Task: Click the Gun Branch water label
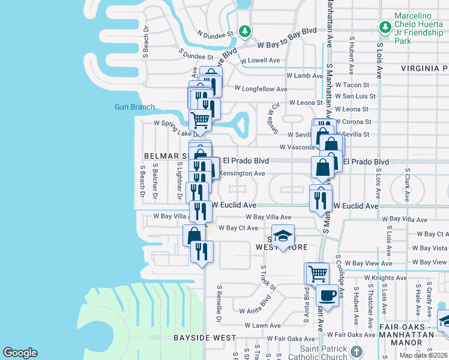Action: (134, 107)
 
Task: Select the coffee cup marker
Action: (328, 295)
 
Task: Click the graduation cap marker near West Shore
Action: (283, 236)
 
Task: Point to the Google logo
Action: (20, 353)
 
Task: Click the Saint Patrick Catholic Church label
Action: (315, 353)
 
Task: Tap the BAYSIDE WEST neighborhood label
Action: (205, 338)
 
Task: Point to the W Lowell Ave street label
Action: (260, 61)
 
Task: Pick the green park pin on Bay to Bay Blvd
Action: (244, 31)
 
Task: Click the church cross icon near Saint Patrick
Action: (356, 350)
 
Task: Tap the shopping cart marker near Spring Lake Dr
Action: (200, 119)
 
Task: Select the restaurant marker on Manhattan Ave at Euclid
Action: (321, 197)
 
